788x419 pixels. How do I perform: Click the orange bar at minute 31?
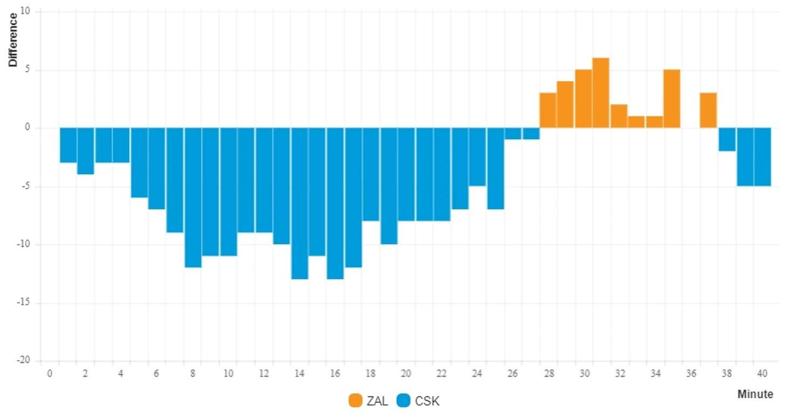[601, 93]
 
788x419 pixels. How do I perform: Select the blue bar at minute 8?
[193, 197]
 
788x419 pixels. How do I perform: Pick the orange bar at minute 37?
[708, 110]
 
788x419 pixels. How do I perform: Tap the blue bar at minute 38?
[726, 139]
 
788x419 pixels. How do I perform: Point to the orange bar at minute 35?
[672, 99]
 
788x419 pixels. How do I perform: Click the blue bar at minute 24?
[478, 157]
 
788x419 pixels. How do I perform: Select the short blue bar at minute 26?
[513, 133]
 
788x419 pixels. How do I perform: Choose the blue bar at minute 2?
[86, 151]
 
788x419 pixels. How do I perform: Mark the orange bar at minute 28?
[548, 110]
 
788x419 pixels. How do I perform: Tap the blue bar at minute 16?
[335, 203]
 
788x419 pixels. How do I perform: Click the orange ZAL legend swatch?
[355, 401]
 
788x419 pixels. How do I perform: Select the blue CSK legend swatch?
[403, 401]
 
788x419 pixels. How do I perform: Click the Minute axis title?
[755, 394]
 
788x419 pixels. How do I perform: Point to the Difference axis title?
[12, 39]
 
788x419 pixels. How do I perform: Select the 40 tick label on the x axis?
[762, 373]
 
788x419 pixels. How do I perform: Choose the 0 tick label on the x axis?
[50, 373]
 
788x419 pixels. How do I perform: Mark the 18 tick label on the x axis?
[371, 373]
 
